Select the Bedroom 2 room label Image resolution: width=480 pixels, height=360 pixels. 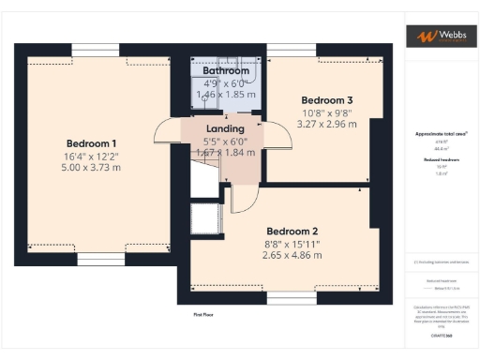(x=292, y=231)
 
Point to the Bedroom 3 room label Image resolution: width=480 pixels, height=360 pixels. (x=326, y=99)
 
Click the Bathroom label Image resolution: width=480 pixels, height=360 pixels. (x=225, y=70)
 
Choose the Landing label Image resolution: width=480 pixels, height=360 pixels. (x=225, y=128)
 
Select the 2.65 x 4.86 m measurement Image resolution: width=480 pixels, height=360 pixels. (x=292, y=254)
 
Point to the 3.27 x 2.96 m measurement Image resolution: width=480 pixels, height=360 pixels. (x=326, y=122)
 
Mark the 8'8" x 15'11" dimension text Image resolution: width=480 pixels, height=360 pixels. (x=292, y=243)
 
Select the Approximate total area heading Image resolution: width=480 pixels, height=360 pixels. (x=441, y=134)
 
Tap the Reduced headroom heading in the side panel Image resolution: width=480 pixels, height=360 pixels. (x=441, y=160)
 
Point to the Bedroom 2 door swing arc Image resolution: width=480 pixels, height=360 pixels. (x=241, y=197)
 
